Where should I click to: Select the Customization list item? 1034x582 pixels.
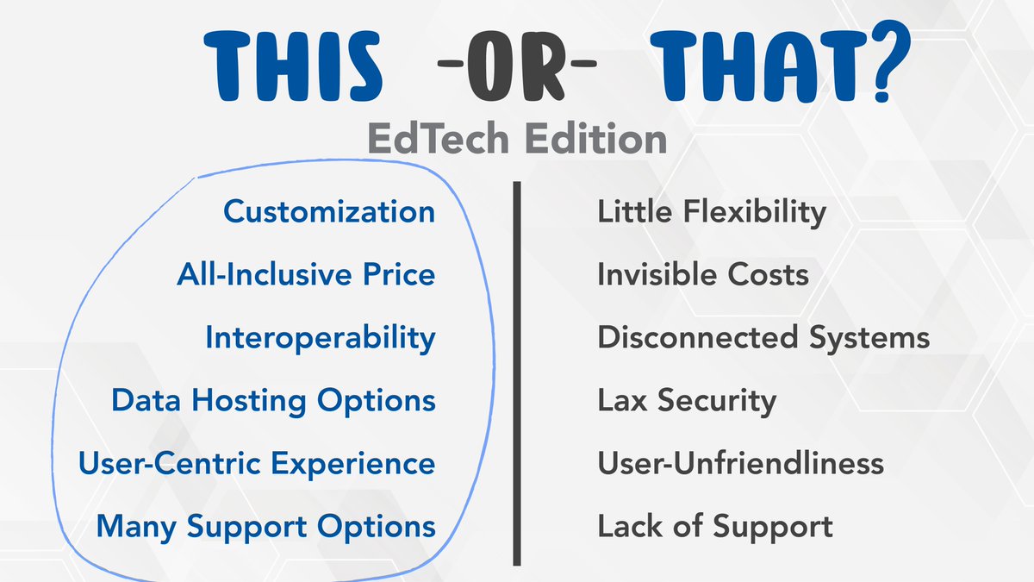[x=329, y=212]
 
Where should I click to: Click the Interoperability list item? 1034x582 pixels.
[x=320, y=338]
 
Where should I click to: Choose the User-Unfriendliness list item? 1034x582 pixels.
[x=740, y=464]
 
